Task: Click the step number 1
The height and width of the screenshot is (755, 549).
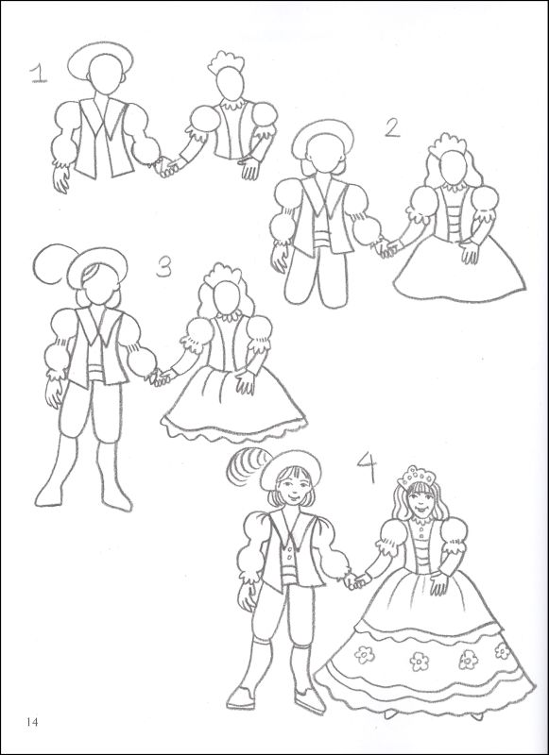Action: click(x=38, y=73)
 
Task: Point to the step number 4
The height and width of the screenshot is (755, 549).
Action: click(x=368, y=465)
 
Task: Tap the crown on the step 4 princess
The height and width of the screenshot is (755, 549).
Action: click(x=413, y=476)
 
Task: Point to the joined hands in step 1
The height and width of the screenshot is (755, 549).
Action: click(x=167, y=167)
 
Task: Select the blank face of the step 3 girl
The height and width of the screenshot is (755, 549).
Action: click(x=223, y=302)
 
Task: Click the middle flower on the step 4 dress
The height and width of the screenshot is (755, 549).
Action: click(x=419, y=661)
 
